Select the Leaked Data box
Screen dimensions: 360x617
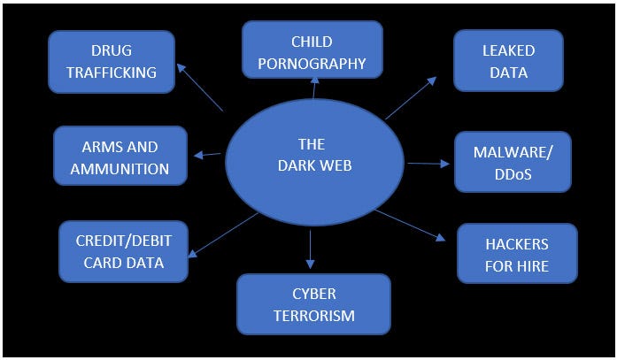click(x=508, y=61)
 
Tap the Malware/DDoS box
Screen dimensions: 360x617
click(x=513, y=162)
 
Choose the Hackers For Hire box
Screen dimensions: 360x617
click(x=517, y=254)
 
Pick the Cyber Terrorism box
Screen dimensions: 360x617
click(x=313, y=304)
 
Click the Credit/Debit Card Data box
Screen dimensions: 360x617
click(x=124, y=251)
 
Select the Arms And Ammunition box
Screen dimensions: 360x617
click(x=120, y=157)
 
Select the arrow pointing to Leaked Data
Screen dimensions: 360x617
click(x=411, y=97)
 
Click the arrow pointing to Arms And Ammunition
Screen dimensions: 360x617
click(x=209, y=154)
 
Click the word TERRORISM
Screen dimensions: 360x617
click(x=313, y=316)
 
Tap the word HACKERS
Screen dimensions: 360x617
click(x=517, y=243)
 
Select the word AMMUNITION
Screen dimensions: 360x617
click(x=120, y=168)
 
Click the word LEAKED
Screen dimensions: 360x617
click(x=509, y=50)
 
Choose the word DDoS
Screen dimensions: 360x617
click(x=513, y=173)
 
